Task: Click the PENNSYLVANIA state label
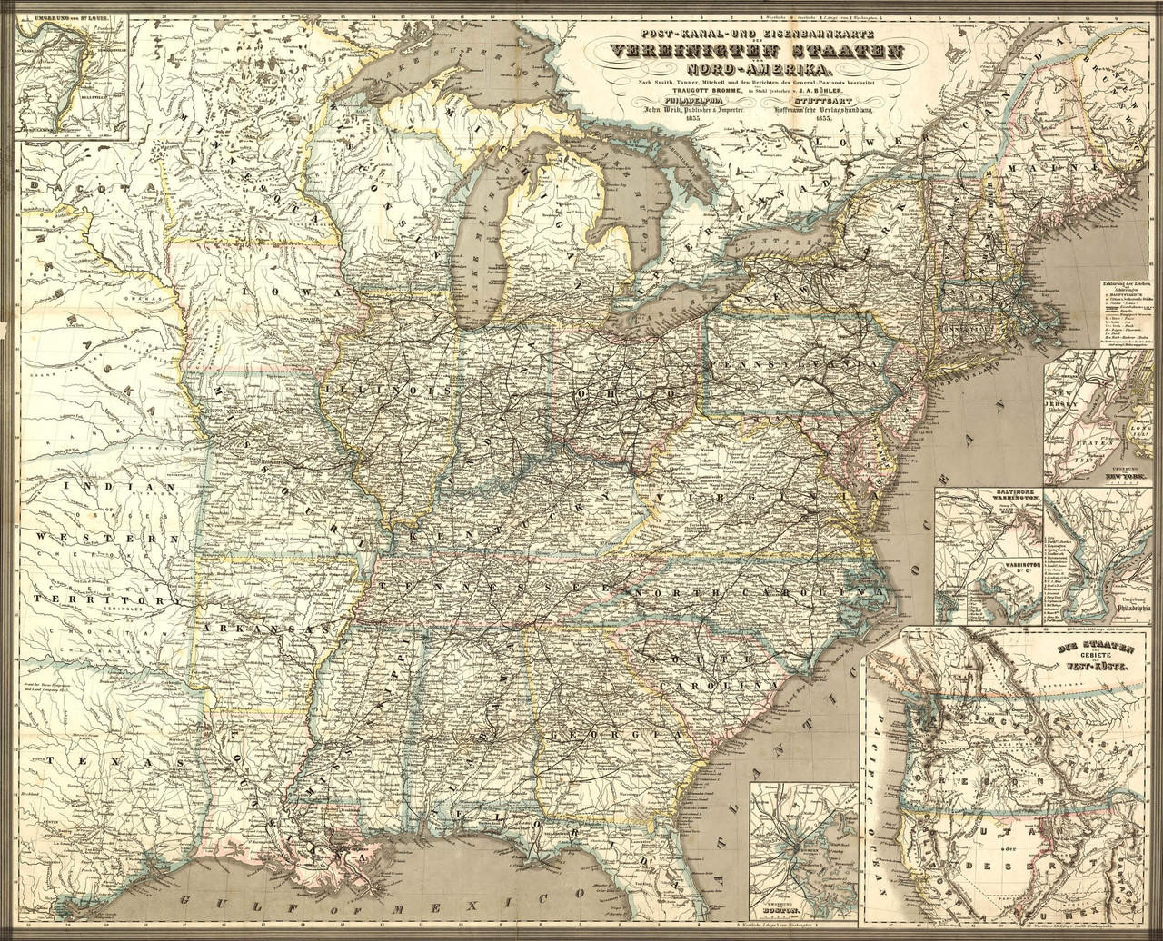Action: [798, 362]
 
